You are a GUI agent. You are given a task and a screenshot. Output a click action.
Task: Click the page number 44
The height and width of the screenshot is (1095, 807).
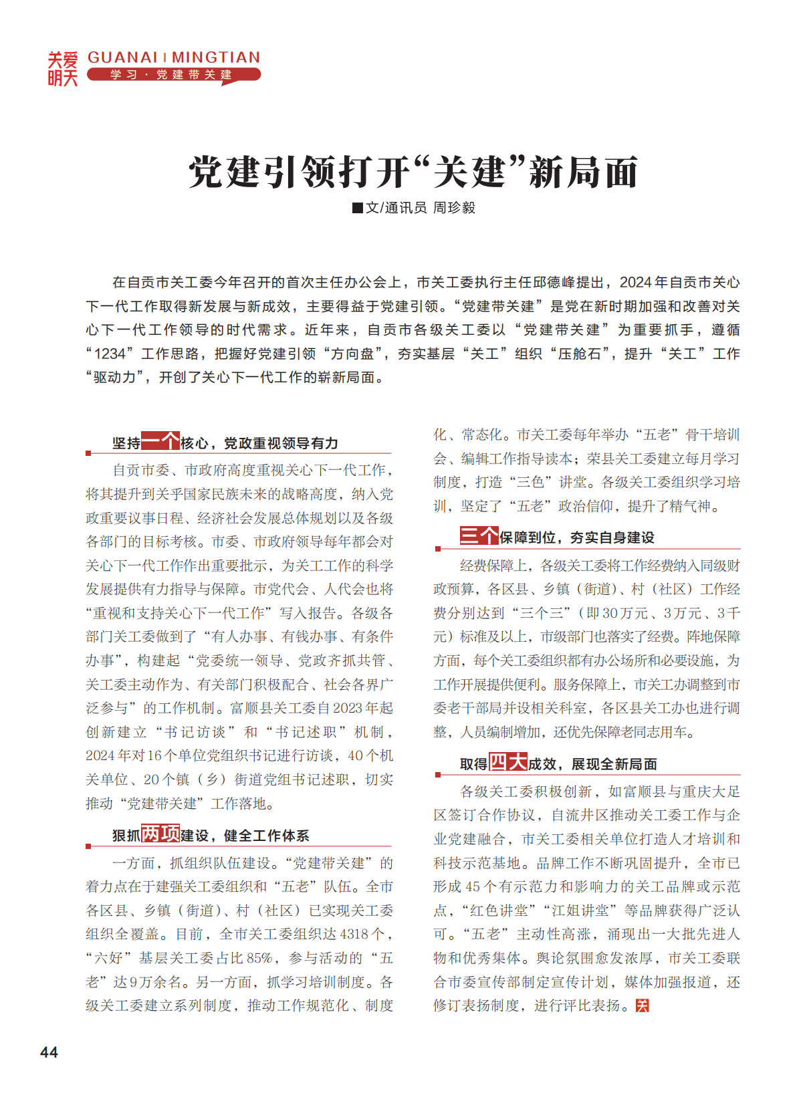[x=49, y=1052]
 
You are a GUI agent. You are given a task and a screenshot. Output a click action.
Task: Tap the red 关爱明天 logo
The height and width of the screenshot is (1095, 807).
[x=62, y=69]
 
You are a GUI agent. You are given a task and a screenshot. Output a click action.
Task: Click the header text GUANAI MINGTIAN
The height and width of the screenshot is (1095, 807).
[x=174, y=57]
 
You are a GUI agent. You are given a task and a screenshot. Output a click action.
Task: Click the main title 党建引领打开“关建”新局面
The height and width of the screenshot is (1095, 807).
[x=413, y=172]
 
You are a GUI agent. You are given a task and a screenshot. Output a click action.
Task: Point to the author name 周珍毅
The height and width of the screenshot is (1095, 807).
[x=454, y=208]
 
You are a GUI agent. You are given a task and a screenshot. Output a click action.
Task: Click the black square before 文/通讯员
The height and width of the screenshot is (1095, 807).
[x=358, y=208]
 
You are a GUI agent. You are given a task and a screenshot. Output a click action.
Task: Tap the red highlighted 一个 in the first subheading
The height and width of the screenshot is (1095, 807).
[x=160, y=442]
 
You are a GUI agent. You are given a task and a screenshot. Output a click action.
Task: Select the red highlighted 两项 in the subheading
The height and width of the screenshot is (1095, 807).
[x=160, y=834]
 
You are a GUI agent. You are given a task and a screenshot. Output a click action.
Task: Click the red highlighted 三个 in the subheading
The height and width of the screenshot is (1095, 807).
[x=479, y=536]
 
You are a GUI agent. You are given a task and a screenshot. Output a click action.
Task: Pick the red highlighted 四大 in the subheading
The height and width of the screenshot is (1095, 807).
[x=508, y=763]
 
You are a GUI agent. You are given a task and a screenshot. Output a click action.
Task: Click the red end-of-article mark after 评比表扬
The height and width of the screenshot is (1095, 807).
[x=642, y=1005]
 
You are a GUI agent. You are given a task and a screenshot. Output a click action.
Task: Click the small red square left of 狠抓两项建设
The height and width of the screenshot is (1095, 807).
[x=88, y=846]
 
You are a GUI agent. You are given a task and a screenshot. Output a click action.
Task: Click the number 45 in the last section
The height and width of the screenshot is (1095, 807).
[x=472, y=887]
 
